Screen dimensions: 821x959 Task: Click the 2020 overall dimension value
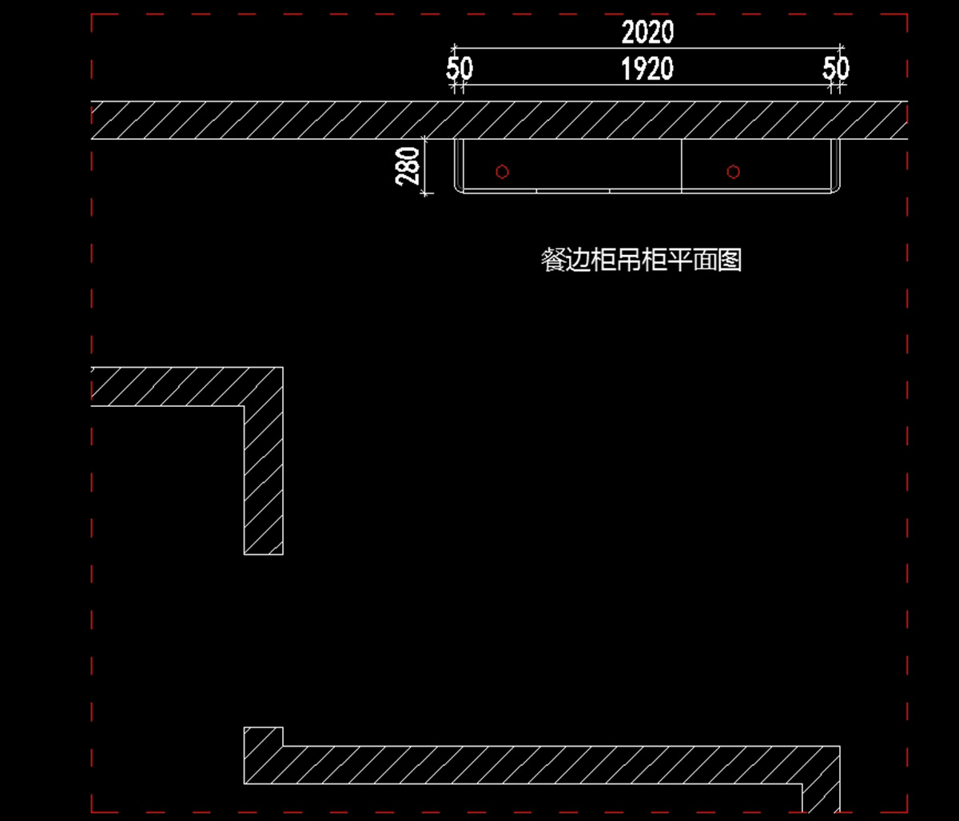647,33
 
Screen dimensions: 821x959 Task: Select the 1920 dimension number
647,70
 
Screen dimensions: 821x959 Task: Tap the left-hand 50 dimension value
460,70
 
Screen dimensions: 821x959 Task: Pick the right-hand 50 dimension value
836,70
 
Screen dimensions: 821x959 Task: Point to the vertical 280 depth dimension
408,165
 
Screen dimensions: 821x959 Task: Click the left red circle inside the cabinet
502,172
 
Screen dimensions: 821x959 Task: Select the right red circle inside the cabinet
733,172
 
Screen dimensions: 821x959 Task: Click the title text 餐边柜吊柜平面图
641,261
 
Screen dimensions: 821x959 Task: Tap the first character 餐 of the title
552,261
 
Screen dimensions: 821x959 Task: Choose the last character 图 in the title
730,261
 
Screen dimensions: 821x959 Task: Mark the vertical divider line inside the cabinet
682,165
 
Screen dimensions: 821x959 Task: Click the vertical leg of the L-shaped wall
264,480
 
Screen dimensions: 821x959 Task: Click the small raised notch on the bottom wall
264,736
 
